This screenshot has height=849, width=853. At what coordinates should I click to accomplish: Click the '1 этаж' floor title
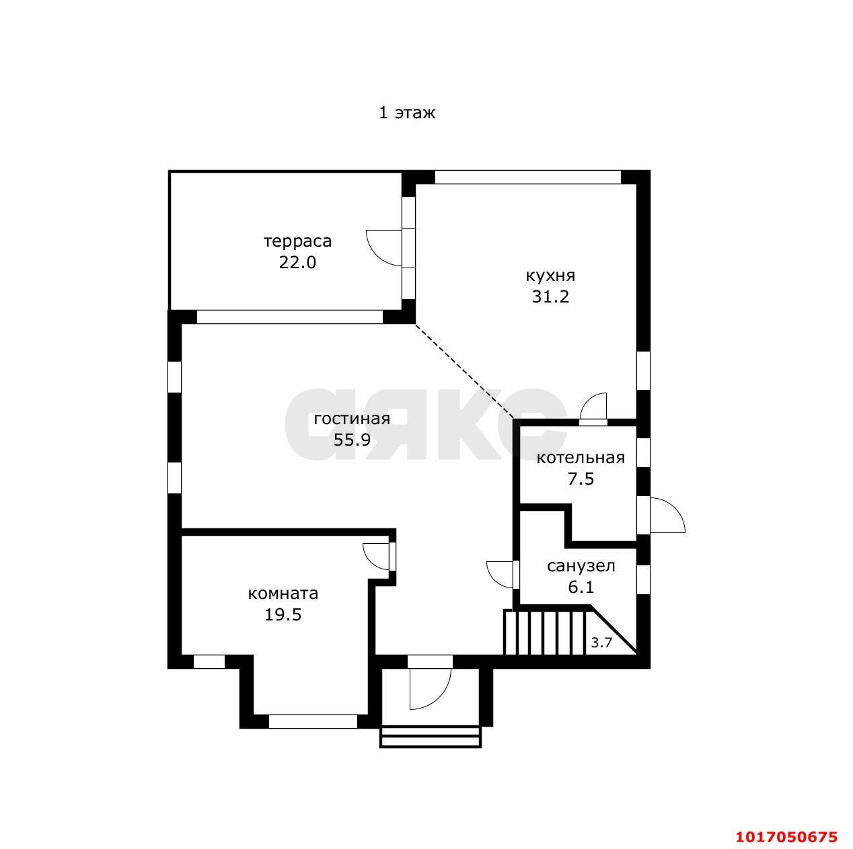tap(407, 112)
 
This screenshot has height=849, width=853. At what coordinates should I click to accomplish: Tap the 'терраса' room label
tap(297, 241)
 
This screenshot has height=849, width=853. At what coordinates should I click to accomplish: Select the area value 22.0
tap(297, 262)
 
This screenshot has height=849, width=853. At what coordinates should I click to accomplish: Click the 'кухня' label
tap(550, 276)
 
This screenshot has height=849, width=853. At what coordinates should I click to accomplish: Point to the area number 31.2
tap(550, 296)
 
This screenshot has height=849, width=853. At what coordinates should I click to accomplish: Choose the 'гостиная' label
tap(352, 419)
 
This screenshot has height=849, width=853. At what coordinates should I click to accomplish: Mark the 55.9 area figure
tap(352, 440)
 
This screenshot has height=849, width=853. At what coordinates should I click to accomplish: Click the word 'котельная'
tap(581, 458)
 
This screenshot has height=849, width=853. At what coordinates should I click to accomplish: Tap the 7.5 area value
tap(581, 479)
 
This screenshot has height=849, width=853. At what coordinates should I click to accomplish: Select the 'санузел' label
tap(581, 566)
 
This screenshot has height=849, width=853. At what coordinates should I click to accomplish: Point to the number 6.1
tap(581, 587)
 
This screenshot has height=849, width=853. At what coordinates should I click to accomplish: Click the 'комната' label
tap(283, 594)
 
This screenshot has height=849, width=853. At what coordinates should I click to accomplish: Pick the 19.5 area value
tap(283, 614)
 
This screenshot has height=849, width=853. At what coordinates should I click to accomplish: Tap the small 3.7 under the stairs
tap(601, 643)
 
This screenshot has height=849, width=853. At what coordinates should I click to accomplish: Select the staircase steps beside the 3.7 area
tap(544, 633)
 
